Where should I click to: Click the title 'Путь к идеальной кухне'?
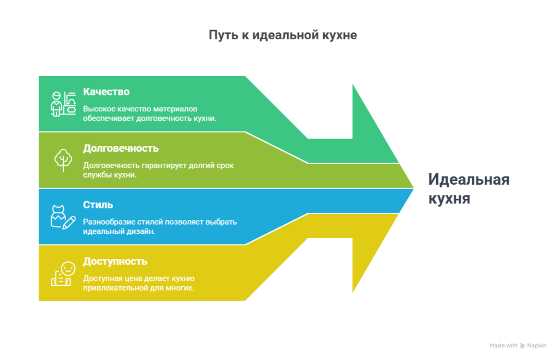[x=283, y=35]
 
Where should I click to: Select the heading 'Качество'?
[x=106, y=92]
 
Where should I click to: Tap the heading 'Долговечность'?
[x=121, y=148]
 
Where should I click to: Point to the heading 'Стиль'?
[x=98, y=204]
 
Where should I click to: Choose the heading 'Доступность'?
[x=115, y=261]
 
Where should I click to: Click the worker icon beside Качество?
[x=63, y=104]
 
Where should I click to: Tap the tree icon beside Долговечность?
[x=63, y=160]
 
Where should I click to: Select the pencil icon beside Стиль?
[x=69, y=223]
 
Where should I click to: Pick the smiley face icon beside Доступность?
[x=68, y=269]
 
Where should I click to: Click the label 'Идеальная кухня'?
[x=469, y=189]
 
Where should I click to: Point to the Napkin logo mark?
[x=522, y=346]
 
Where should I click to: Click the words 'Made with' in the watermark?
[x=503, y=345]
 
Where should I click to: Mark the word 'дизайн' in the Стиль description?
[x=141, y=231]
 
